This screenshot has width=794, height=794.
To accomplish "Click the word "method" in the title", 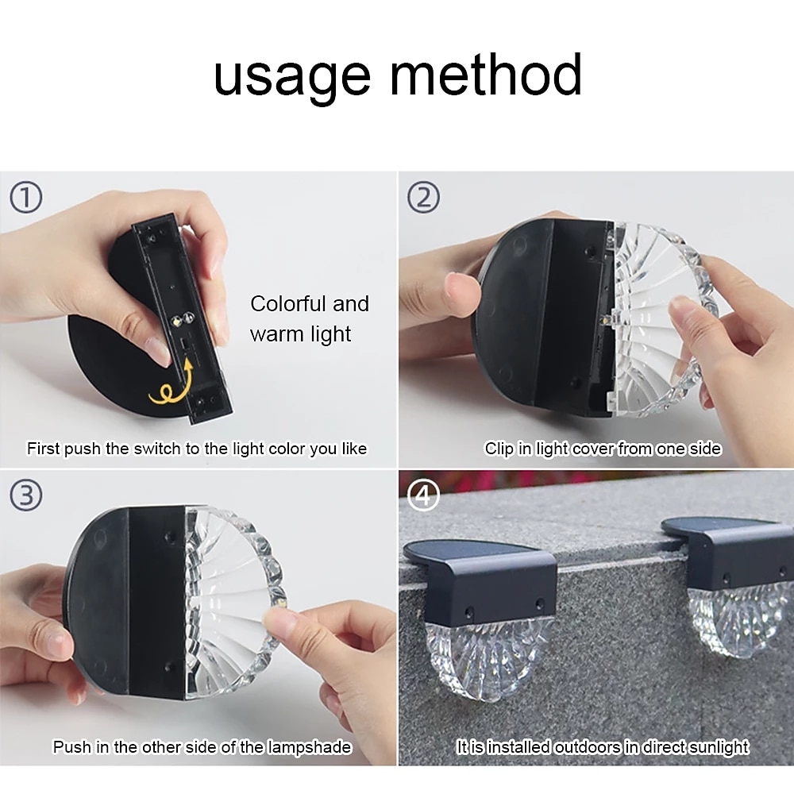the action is [486, 74].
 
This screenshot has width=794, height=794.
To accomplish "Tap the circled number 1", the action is [26, 198].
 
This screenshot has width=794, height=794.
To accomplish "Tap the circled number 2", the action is [424, 197].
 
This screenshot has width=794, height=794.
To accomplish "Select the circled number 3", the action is [26, 495].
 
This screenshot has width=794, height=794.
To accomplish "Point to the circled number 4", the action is [424, 495].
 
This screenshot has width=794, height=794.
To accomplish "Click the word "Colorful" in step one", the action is [288, 304].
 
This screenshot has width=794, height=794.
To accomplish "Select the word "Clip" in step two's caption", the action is [499, 449].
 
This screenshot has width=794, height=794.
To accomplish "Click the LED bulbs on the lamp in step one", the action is [182, 320].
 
